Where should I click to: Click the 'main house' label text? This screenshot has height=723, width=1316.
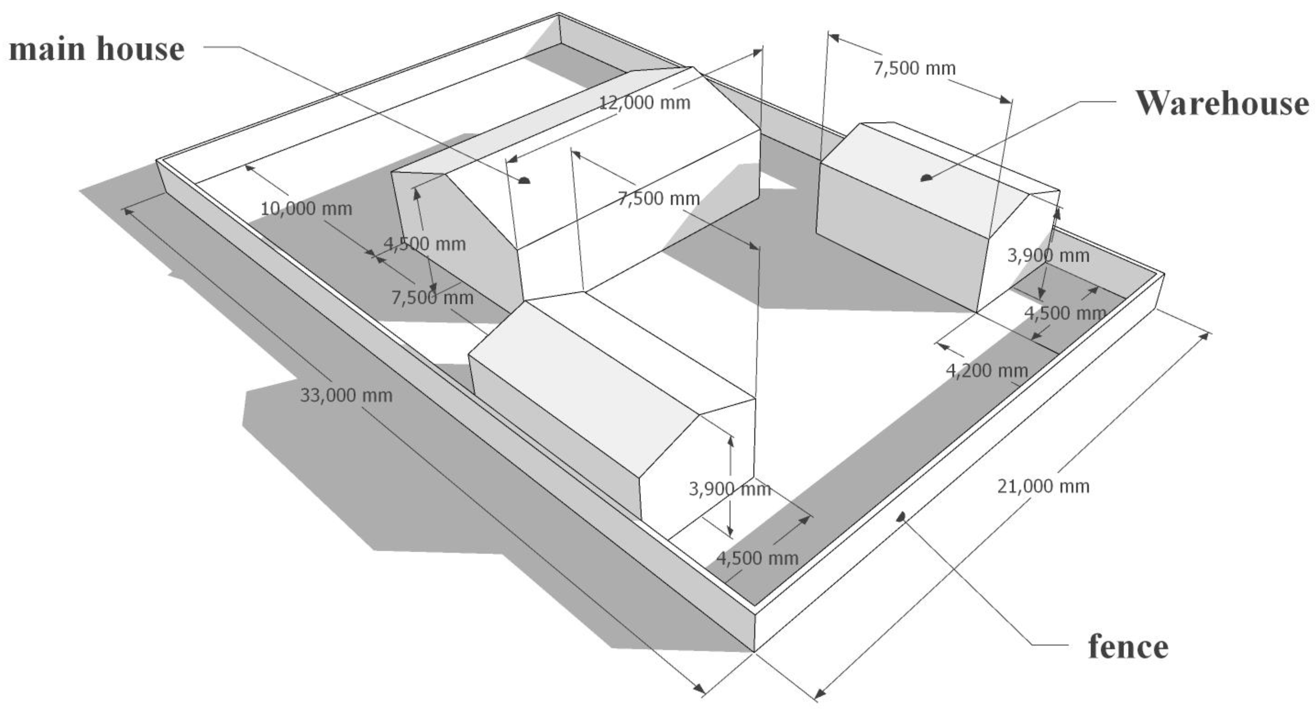click(97, 49)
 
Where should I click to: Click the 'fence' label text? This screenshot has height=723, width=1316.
click(1128, 646)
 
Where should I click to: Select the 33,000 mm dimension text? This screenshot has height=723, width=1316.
click(346, 395)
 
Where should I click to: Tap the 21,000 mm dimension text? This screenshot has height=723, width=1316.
click(1043, 486)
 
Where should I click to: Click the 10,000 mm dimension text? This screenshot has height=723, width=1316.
click(306, 209)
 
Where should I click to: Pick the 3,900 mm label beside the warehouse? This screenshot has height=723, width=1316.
click(1048, 255)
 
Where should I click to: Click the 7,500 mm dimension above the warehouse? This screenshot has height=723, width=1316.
click(914, 68)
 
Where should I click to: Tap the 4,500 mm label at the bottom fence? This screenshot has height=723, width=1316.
click(757, 558)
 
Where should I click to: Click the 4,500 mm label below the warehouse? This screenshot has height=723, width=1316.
click(1065, 313)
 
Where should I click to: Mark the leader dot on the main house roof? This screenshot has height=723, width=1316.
click(525, 180)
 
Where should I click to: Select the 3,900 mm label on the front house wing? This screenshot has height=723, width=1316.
click(729, 489)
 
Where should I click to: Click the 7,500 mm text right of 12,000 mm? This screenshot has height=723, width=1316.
click(659, 198)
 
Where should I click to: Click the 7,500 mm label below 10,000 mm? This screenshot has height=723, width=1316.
click(432, 298)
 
